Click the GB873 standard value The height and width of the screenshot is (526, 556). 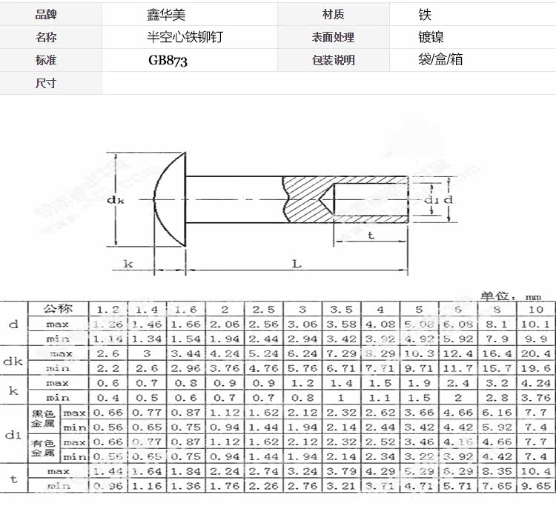(168, 61)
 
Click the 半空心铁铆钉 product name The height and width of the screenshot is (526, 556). (184, 37)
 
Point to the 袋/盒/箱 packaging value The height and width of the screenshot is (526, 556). (440, 60)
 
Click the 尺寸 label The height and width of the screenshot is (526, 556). (46, 83)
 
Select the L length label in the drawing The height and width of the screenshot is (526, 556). (297, 263)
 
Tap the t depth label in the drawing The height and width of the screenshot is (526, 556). (371, 236)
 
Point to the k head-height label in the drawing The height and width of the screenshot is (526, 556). (128, 263)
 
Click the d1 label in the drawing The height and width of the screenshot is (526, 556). (431, 200)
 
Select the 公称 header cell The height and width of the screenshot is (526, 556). (58, 309)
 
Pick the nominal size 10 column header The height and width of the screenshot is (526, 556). (535, 309)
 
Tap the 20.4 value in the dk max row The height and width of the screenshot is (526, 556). (535, 353)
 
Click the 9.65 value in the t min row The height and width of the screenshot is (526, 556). (535, 486)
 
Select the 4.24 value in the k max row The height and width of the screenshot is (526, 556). (535, 383)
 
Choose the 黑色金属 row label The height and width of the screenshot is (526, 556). (43, 419)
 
